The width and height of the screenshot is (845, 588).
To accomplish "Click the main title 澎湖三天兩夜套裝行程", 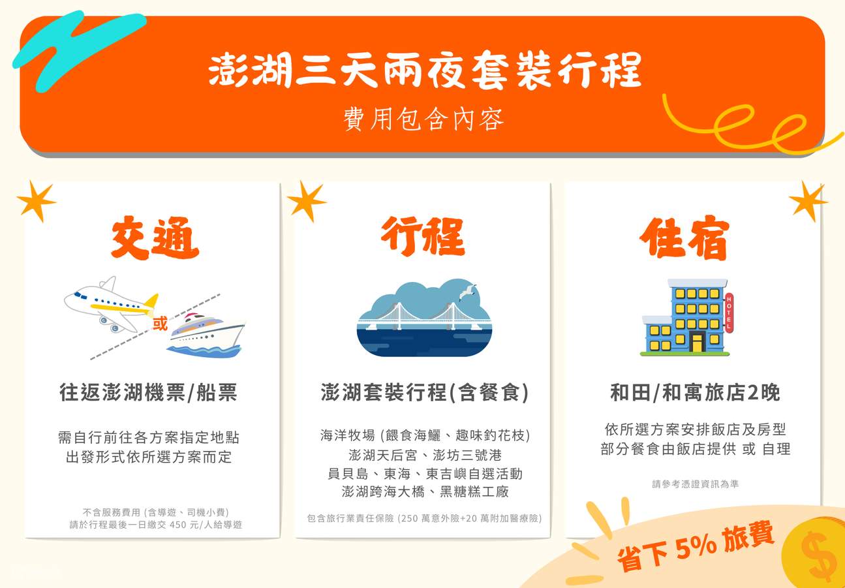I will (425, 70).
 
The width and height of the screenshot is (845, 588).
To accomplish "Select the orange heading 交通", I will (155, 239).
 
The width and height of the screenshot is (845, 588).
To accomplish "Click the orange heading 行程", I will (422, 236).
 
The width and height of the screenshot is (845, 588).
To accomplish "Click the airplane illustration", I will (111, 305).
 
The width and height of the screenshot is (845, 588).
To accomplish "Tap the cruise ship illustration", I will (205, 335).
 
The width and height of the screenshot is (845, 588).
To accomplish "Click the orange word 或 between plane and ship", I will (160, 324).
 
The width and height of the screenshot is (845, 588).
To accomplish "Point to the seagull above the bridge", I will (467, 292).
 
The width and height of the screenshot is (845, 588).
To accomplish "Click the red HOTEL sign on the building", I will (729, 313).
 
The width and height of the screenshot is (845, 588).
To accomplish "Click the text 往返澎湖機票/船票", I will (148, 393).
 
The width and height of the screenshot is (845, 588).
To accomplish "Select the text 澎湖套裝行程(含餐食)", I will (424, 393).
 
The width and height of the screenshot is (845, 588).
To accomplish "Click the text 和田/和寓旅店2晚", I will (694, 393).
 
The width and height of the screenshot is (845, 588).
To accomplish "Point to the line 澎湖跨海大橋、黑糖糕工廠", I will (425, 491).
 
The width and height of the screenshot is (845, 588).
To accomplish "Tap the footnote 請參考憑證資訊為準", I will (695, 484).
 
